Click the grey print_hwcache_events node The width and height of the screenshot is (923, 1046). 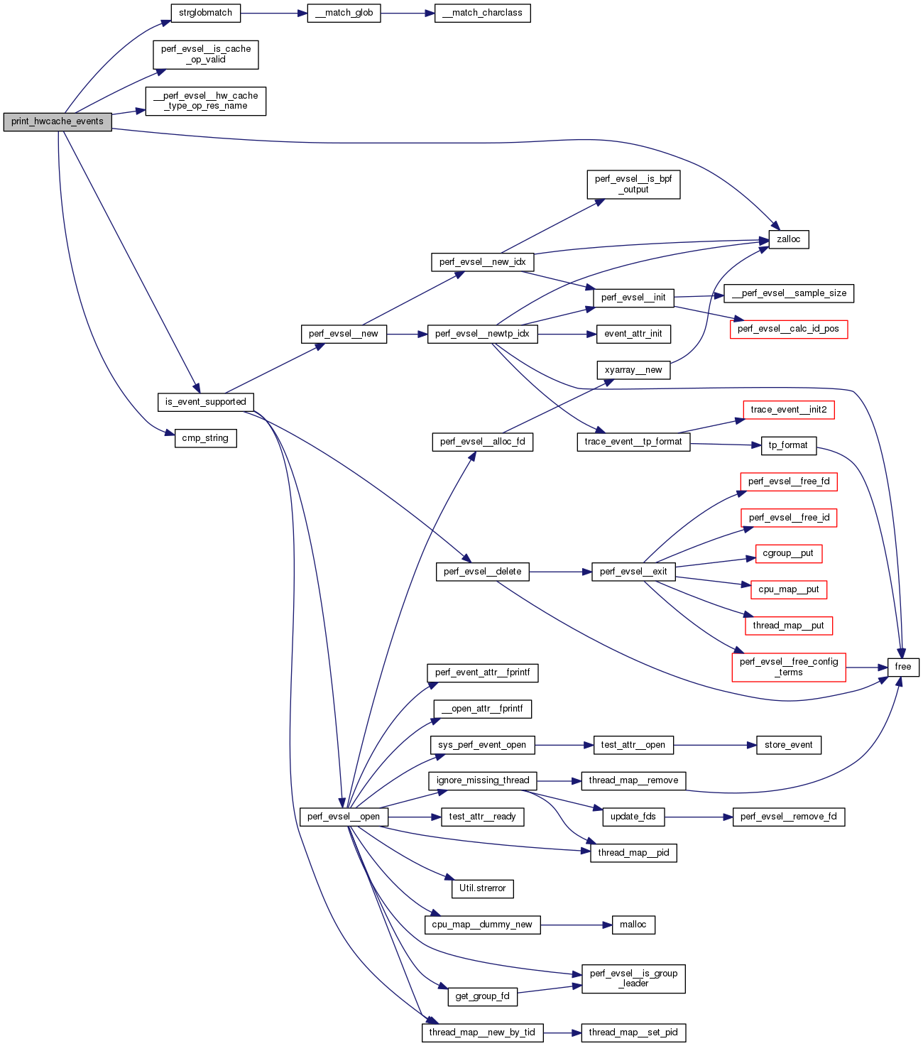(x=58, y=121)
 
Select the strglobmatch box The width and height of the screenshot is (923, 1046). (x=205, y=13)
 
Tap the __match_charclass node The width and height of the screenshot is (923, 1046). (x=482, y=13)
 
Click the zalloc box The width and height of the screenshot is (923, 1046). (x=788, y=239)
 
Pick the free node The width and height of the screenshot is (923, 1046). (x=902, y=667)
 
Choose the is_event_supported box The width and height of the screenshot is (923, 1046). (x=205, y=402)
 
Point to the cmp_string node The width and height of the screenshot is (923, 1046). (x=205, y=438)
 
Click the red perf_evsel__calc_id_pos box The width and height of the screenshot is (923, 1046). (x=788, y=329)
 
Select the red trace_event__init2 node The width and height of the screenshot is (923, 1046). (x=788, y=410)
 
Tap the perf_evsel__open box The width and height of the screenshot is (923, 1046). (x=344, y=817)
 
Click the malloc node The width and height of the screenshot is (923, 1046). (x=633, y=925)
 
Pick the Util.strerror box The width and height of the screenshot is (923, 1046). (x=482, y=888)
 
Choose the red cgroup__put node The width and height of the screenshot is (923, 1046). (x=788, y=553)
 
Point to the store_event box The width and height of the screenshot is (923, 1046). (x=788, y=745)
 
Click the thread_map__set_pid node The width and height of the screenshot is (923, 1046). (x=633, y=1033)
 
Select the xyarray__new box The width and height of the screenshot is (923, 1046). (x=633, y=370)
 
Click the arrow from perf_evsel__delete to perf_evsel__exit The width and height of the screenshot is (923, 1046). (x=560, y=572)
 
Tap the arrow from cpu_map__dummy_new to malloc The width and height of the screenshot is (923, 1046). (x=576, y=925)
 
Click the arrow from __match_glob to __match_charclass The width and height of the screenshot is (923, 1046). (x=408, y=13)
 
